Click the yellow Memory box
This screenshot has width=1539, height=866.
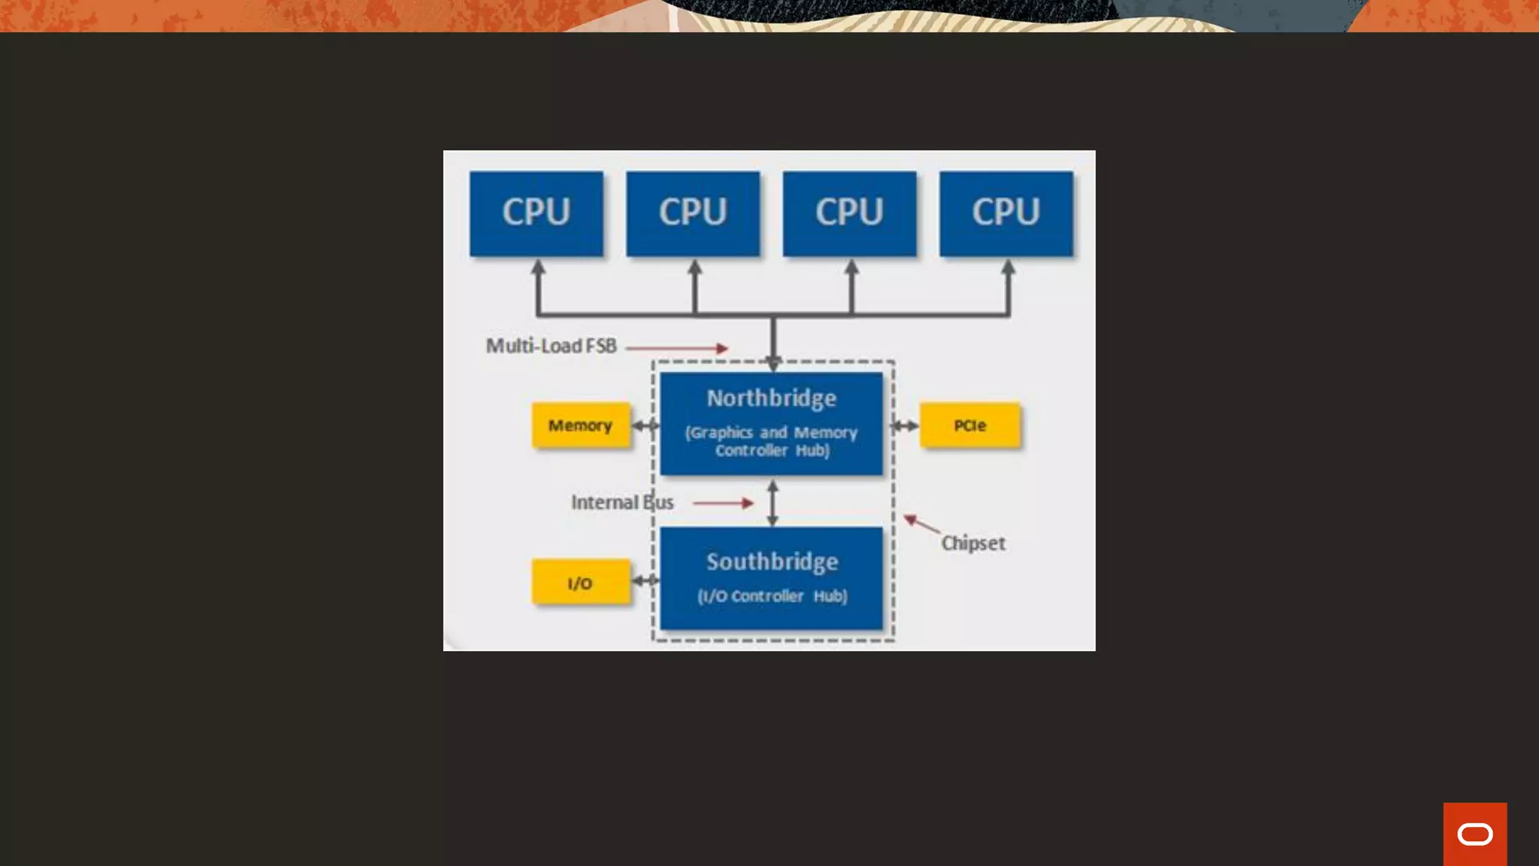[580, 425]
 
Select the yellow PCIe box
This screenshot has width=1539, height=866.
[969, 425]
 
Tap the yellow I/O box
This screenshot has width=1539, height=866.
[580, 583]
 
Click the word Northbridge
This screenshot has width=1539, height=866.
[771, 398]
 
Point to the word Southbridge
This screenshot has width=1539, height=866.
[772, 562]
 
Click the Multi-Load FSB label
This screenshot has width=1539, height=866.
[551, 346]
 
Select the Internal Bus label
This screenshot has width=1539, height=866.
[622, 502]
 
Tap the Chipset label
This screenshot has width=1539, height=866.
[973, 543]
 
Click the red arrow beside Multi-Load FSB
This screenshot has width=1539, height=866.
[676, 348]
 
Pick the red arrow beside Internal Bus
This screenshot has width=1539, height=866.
[722, 503]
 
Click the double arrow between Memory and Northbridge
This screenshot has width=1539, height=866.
[645, 426]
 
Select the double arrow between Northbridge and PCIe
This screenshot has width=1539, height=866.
[905, 426]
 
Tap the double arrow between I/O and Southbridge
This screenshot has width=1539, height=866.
[645, 580]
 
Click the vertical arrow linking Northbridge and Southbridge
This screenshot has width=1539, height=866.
[773, 502]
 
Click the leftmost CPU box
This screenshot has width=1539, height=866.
[536, 213]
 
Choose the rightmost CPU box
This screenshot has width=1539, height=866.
[1005, 213]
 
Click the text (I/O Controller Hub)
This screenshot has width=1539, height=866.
[772, 596]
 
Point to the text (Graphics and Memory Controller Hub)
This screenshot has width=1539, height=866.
[771, 441]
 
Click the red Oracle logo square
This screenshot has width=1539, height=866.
[1474, 834]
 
